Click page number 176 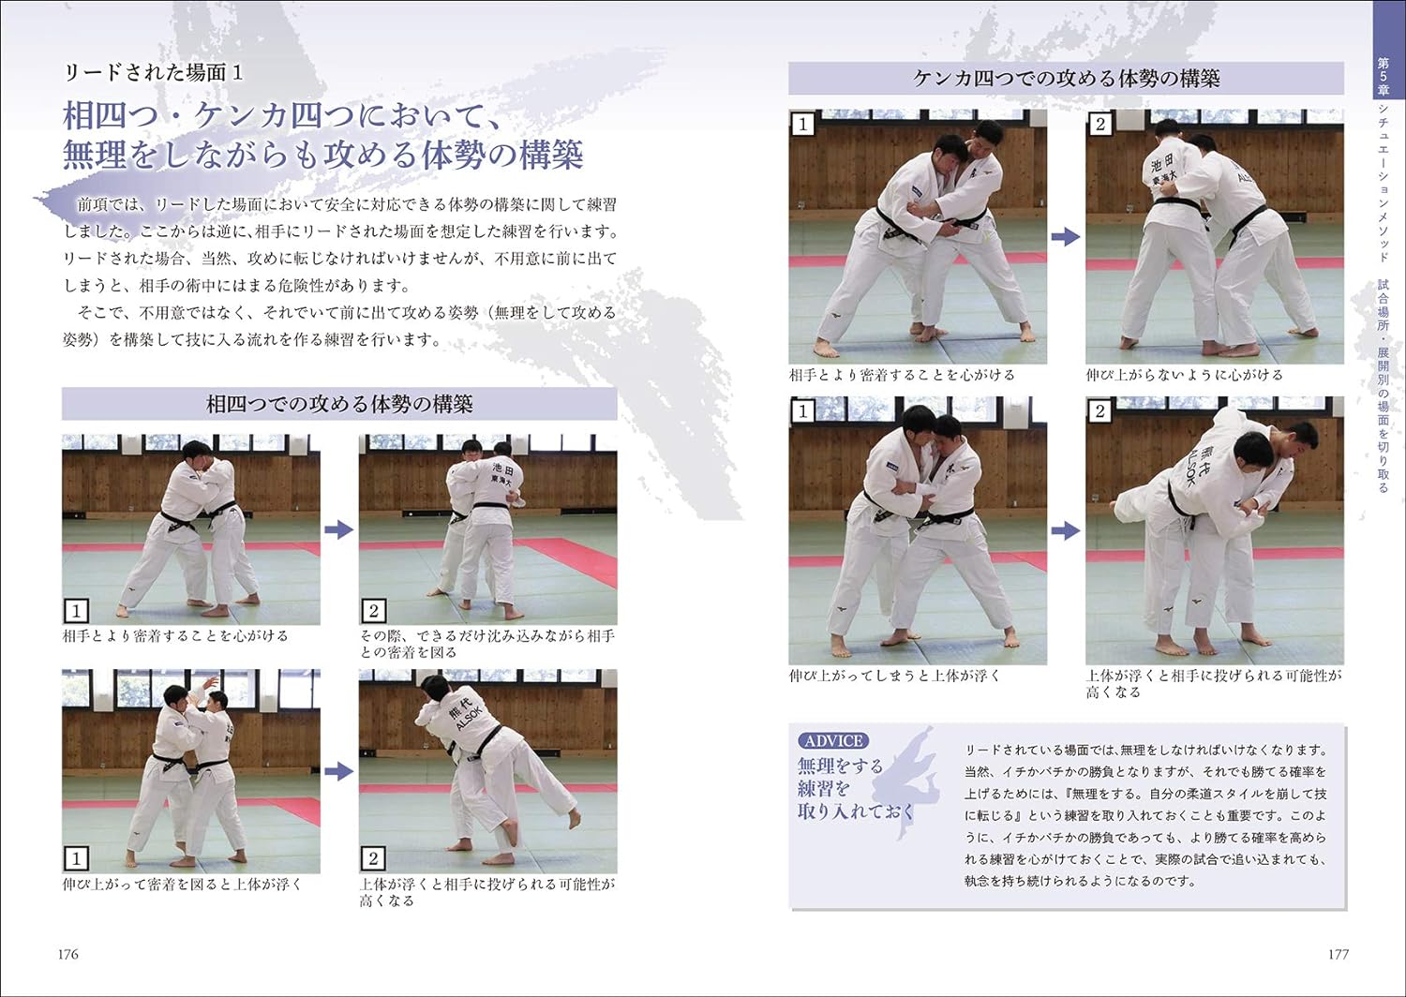point(67,954)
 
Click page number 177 point(1338,954)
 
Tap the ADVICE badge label point(832,740)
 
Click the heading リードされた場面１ point(153,73)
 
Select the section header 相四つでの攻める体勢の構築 point(339,404)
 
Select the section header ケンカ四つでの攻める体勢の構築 point(1066,79)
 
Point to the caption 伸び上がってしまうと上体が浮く point(894,675)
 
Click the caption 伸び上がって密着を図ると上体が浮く point(182,884)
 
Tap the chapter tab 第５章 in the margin point(1382,76)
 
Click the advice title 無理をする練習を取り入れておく point(841,788)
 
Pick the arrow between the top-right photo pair point(1065,237)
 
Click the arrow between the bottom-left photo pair point(338,771)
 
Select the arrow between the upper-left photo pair point(338,529)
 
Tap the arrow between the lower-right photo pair point(1065,530)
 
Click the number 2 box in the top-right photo point(1099,124)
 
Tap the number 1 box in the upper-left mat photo point(76,611)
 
